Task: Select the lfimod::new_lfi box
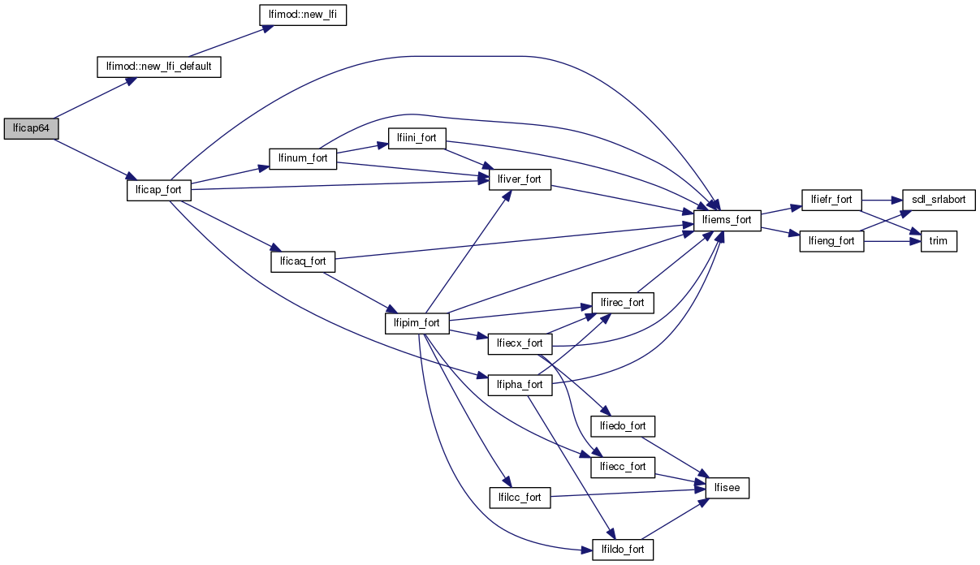(302, 15)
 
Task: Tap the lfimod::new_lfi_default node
(159, 67)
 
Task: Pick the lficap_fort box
(159, 190)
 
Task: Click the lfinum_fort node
(303, 158)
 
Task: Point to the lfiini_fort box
(417, 138)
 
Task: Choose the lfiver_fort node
(520, 179)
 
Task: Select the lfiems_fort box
(727, 219)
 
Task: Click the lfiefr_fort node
(831, 200)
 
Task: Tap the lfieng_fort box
(831, 241)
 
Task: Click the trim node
(939, 241)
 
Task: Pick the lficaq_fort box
(303, 261)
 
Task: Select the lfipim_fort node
(417, 323)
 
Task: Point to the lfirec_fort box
(623, 303)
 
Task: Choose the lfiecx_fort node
(520, 343)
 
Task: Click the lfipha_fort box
(520, 385)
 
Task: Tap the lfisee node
(727, 488)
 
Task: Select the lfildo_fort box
(623, 550)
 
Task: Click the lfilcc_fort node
(520, 497)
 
